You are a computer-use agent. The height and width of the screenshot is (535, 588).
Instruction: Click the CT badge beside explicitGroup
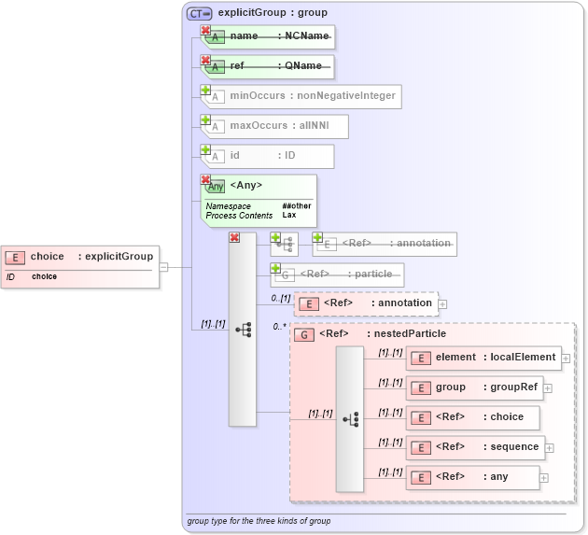pyautogui.click(x=200, y=13)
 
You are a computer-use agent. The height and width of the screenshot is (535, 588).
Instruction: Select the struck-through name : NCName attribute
pyautogui.click(x=272, y=36)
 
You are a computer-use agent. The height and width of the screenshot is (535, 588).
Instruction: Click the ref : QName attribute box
pyautogui.click(x=272, y=66)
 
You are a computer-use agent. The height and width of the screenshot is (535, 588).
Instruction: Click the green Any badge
pyautogui.click(x=216, y=186)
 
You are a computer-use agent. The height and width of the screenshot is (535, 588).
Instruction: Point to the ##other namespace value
pyautogui.click(x=297, y=206)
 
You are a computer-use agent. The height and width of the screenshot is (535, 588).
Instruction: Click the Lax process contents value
pyautogui.click(x=289, y=216)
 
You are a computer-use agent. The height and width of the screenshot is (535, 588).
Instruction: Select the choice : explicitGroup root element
pyautogui.click(x=78, y=257)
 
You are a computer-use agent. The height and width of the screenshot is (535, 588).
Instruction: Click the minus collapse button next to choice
pyautogui.click(x=163, y=267)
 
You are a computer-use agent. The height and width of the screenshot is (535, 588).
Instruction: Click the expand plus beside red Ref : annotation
pyautogui.click(x=442, y=303)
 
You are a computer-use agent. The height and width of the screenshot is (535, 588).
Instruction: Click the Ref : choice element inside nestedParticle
pyautogui.click(x=471, y=417)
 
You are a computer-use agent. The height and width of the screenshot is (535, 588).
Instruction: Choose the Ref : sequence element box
pyautogui.click(x=474, y=447)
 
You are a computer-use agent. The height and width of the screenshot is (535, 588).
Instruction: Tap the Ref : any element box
pyautogui.click(x=471, y=477)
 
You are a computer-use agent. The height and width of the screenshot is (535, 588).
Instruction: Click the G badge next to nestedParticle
pyautogui.click(x=303, y=334)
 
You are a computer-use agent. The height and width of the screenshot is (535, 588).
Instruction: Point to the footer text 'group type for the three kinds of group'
pyautogui.click(x=259, y=521)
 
